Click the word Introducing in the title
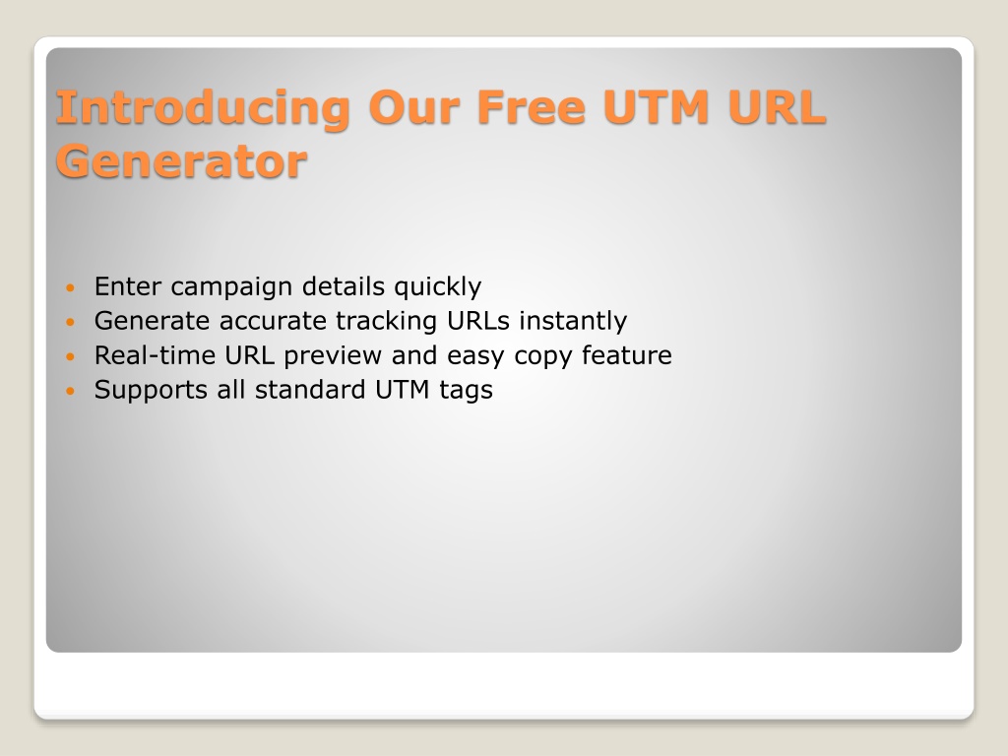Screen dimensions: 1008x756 pos(203,108)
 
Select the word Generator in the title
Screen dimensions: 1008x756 pos(181,162)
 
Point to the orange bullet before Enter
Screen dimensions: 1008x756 pos(71,286)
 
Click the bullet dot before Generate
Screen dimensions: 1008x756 pos(71,322)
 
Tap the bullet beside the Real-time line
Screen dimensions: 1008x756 pos(71,356)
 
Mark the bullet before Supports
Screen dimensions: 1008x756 pos(71,390)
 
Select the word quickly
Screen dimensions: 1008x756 pos(438,287)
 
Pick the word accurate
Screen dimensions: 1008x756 pos(274,321)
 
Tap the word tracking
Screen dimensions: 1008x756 pos(386,322)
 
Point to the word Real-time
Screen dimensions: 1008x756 pos(155,354)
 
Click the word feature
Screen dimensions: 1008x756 pos(627,354)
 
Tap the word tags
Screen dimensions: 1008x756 pos(466,391)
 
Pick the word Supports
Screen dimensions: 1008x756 pos(151,391)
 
